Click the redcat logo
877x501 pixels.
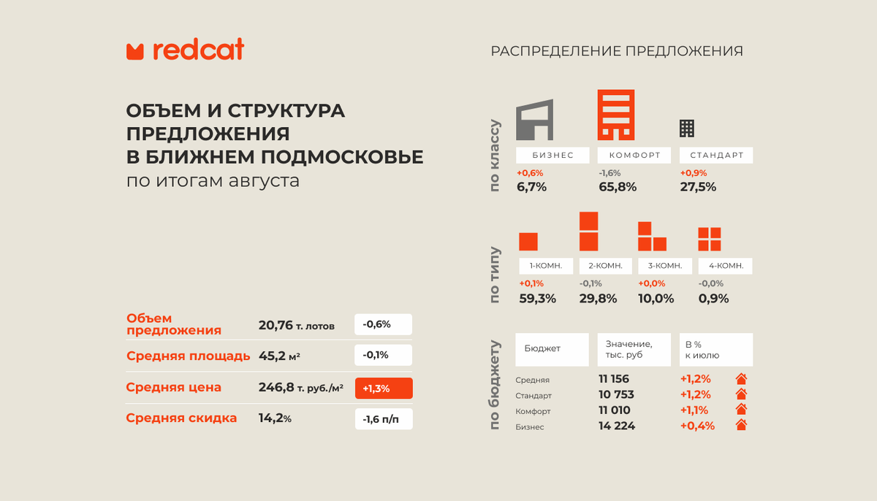point(185,50)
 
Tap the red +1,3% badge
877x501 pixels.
point(384,388)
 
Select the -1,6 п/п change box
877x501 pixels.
point(384,419)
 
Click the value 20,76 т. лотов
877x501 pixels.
point(296,325)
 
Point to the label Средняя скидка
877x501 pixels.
point(181,418)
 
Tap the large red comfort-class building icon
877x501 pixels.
point(615,115)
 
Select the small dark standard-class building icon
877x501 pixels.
point(687,128)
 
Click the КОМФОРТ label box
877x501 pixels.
point(634,156)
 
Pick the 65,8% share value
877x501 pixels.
point(618,186)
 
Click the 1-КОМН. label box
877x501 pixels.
point(545,266)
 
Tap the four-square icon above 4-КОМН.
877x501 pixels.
point(709,240)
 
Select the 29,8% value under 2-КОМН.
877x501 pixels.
point(598,298)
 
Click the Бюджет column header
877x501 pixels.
point(552,349)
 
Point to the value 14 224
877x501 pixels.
point(617,426)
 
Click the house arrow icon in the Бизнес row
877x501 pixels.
point(741,426)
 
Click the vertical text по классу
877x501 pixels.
point(496,156)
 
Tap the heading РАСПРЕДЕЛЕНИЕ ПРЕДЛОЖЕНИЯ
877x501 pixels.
point(617,51)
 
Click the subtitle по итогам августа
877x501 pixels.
point(213,180)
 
